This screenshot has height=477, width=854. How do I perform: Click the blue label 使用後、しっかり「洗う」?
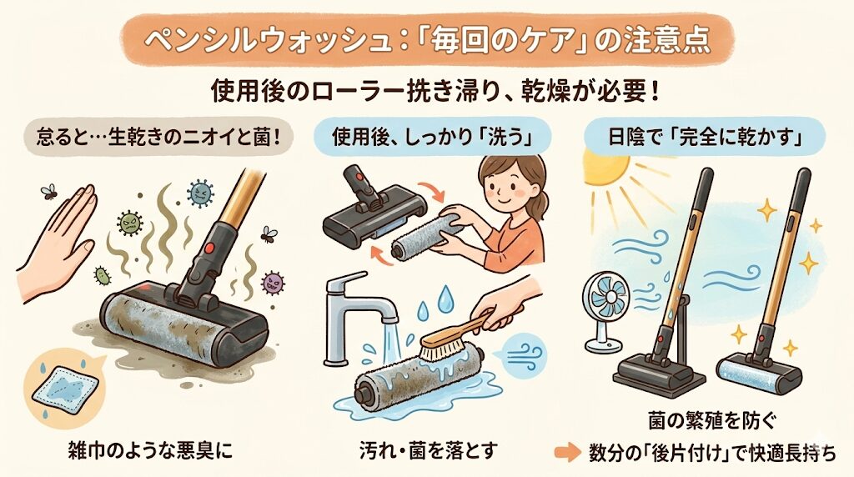424,134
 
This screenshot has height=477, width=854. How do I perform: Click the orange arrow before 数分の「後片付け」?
567,454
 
